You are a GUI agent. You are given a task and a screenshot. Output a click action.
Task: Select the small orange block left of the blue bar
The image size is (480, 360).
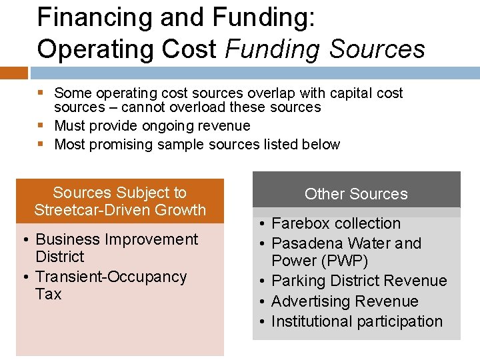pos(13,73)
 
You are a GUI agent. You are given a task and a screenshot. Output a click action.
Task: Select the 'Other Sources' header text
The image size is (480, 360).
pos(356,194)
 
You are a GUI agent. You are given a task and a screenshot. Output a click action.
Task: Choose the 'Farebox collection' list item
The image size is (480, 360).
pos(336,224)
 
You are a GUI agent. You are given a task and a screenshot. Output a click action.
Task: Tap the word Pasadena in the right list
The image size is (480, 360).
pos(304,243)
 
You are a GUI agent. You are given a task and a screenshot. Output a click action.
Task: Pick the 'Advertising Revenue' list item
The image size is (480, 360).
pos(345,301)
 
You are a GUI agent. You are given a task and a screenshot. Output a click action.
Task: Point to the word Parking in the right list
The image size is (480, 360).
pos(298,281)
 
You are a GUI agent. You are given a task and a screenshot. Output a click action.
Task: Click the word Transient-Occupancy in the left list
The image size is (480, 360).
pos(111,277)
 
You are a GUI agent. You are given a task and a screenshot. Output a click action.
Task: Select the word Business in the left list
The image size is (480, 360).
pos(66,239)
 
